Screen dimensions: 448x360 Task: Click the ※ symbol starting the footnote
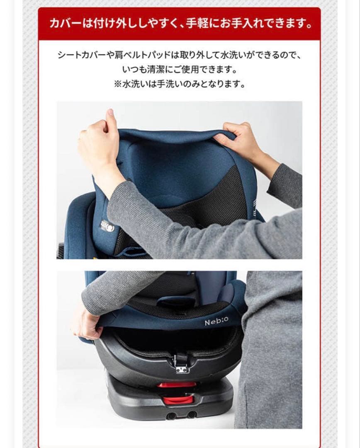(x=117, y=84)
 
